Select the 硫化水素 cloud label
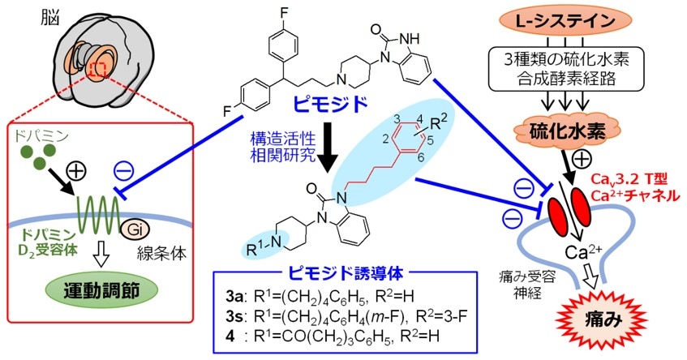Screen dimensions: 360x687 572,130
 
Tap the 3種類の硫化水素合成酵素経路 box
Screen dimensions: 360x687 571,68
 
